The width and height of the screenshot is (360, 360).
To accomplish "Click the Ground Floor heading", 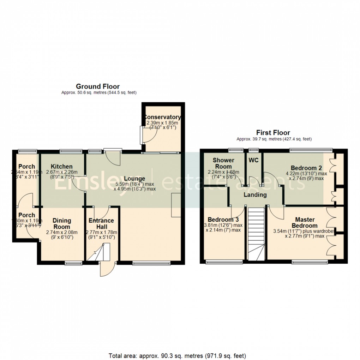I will click(x=98, y=86).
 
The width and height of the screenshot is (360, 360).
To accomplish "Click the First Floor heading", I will click(x=273, y=133).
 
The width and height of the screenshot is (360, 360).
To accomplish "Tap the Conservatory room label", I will click(x=162, y=117).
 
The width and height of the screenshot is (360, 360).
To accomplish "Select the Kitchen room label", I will click(x=61, y=167).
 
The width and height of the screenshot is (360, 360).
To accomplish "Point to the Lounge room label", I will click(x=134, y=179).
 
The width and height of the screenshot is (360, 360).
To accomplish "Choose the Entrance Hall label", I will click(x=101, y=224).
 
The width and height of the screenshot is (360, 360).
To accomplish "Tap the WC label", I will click(x=254, y=160).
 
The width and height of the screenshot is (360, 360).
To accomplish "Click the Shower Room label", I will click(x=223, y=163).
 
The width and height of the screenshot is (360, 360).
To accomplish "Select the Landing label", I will click(x=255, y=195).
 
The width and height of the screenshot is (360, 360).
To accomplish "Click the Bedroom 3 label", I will click(x=223, y=219).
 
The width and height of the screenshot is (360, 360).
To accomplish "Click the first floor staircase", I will click(x=256, y=233).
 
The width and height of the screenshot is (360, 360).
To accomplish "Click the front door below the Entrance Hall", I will click(x=107, y=269).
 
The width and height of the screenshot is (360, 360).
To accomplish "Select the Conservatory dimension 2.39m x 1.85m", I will click(x=162, y=124).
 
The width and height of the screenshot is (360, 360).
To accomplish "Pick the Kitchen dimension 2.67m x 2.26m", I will click(x=61, y=173).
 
